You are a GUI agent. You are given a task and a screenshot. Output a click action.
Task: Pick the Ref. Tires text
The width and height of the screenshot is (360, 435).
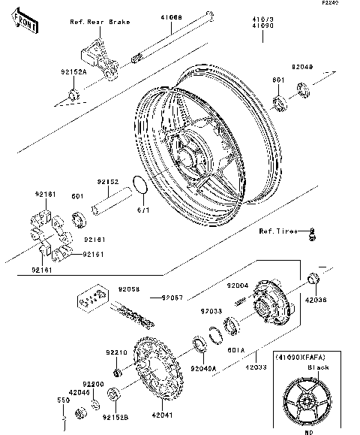277,231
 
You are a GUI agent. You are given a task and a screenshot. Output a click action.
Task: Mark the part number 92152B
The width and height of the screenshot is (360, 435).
114,415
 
